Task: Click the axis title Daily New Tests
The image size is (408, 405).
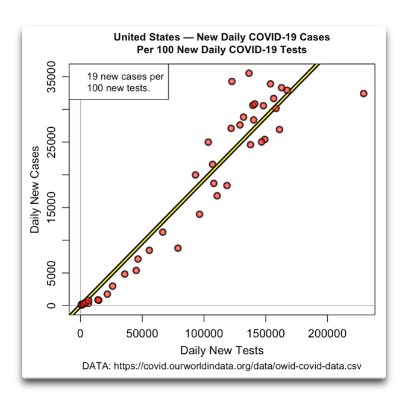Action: tap(222, 350)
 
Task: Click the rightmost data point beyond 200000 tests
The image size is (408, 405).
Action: tap(363, 93)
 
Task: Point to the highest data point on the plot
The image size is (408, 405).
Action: tap(249, 73)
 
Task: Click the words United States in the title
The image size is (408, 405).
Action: tap(142, 37)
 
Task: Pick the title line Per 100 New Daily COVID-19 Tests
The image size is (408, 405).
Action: tap(222, 49)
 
